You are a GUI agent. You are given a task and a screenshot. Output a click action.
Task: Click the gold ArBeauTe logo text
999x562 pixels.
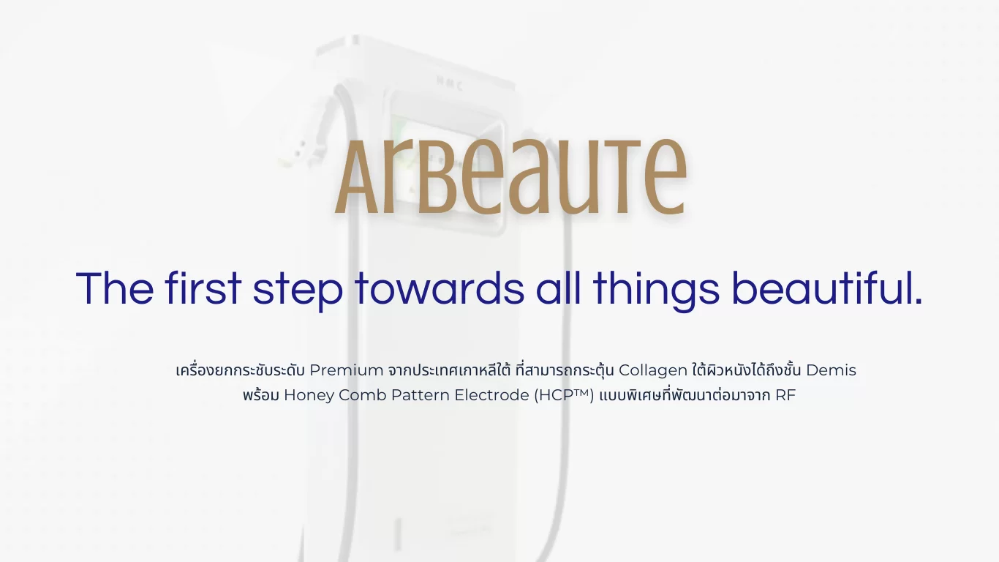tap(510, 178)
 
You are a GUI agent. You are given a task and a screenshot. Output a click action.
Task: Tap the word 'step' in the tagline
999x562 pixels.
tap(298, 290)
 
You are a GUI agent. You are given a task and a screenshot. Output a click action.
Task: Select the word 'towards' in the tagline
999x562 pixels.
tap(440, 288)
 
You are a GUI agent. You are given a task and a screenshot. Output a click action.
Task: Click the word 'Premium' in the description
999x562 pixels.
tap(346, 370)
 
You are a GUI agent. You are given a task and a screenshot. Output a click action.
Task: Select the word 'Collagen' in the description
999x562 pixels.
tap(652, 370)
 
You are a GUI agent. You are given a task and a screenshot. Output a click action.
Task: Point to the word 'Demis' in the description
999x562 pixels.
tap(831, 370)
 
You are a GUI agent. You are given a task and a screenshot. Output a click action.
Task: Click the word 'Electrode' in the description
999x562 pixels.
tap(491, 396)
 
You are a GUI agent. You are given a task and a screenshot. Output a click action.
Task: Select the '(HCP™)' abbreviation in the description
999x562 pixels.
tap(564, 396)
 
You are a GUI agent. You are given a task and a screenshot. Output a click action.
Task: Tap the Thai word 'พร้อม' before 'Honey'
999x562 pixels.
tap(260, 396)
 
